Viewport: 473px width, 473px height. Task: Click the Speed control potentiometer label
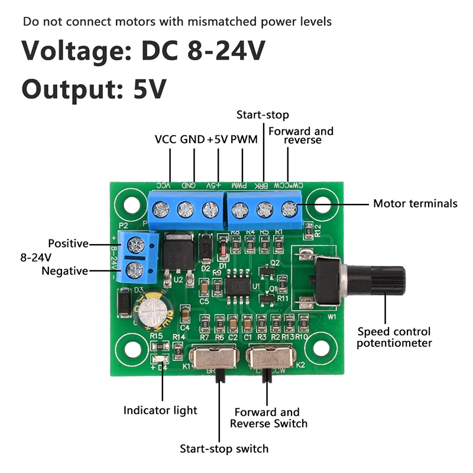(394, 337)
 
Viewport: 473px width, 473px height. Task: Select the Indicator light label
(160, 410)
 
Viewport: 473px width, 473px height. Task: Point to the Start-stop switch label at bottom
(224, 449)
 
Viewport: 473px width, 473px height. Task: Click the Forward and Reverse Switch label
(268, 417)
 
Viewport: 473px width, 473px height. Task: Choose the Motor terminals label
(415, 203)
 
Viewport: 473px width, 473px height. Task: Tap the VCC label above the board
(166, 140)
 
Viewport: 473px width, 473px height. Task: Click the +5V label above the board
(217, 140)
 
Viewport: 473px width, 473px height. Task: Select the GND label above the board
(192, 140)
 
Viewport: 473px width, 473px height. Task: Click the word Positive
(68, 244)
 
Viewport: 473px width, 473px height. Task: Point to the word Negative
(64, 271)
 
